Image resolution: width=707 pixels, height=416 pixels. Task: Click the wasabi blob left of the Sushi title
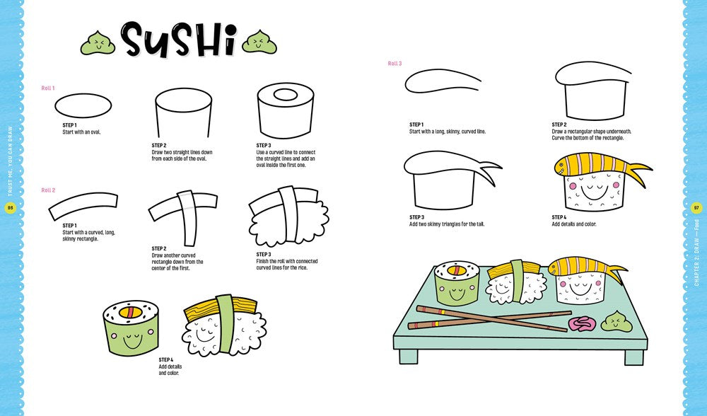click(x=98, y=43)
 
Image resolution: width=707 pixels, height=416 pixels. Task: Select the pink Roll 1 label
click(x=48, y=88)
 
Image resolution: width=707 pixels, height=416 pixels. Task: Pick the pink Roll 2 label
click(x=48, y=190)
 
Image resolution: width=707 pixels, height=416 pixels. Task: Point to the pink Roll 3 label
click(x=395, y=64)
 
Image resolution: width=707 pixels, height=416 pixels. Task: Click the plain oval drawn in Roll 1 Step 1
click(x=83, y=105)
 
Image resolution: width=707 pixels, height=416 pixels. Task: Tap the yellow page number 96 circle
click(x=10, y=208)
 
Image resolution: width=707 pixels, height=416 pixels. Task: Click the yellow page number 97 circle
click(x=696, y=208)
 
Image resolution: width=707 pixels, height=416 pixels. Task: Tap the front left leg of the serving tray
click(x=409, y=357)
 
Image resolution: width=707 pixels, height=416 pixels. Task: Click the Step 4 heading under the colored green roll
click(x=166, y=360)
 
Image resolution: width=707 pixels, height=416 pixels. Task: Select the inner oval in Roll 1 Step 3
click(x=285, y=95)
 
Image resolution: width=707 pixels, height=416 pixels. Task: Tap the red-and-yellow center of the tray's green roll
click(x=455, y=271)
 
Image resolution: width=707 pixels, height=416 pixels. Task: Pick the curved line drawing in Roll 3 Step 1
click(x=443, y=81)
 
